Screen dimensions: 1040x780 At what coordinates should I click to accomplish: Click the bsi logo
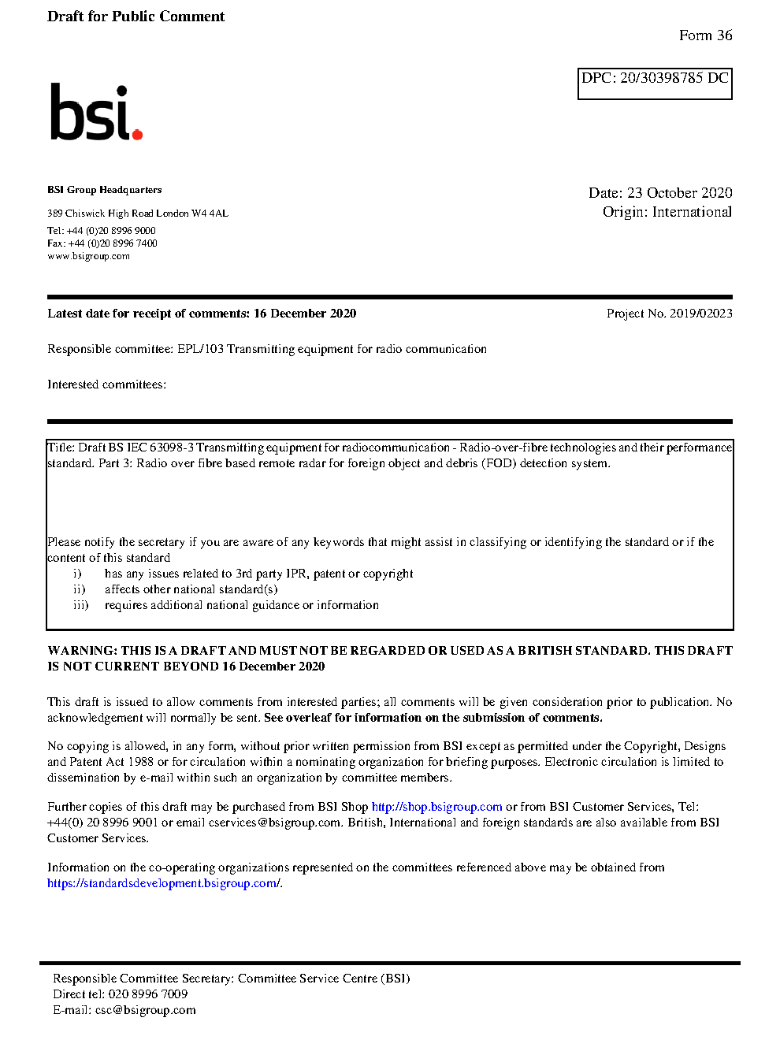[95, 112]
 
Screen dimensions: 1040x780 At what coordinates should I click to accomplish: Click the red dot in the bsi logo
[138, 134]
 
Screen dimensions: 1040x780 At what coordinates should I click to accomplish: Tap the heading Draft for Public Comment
[136, 17]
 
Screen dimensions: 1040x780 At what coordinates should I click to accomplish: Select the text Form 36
[705, 35]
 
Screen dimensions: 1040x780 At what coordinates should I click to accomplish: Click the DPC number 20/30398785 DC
[674, 78]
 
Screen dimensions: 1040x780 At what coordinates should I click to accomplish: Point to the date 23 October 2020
[679, 193]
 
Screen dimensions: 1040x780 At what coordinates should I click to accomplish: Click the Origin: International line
[667, 212]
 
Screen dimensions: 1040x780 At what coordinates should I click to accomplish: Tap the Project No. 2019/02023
[669, 314]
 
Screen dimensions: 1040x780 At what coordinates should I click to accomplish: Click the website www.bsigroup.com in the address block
[88, 256]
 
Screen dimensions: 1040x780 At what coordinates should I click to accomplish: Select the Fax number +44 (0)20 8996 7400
[113, 243]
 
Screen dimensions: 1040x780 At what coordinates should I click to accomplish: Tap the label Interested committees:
[106, 384]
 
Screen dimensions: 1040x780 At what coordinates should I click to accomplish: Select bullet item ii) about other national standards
[191, 589]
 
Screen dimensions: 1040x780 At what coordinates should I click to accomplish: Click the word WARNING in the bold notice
[82, 651]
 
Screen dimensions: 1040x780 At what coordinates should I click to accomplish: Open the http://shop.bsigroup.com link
[436, 807]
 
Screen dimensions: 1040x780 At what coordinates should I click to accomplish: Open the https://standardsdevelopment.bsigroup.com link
[162, 883]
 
